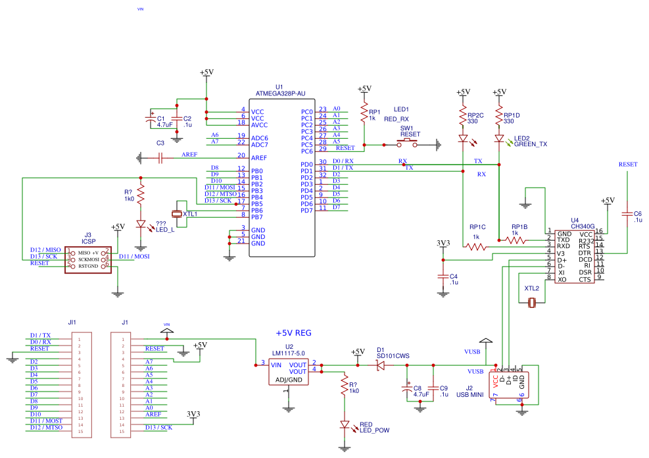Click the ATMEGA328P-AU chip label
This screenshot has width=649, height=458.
pyautogui.click(x=279, y=93)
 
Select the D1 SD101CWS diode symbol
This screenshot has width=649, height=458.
pyautogui.click(x=379, y=365)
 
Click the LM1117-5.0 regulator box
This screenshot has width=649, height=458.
pyautogui.click(x=288, y=372)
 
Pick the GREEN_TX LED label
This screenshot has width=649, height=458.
pyautogui.click(x=531, y=144)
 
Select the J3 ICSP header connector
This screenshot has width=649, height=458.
pyautogui.click(x=88, y=259)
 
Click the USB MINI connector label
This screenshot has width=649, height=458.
pyautogui.click(x=470, y=395)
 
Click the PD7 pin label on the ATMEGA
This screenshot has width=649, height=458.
pyautogui.click(x=306, y=211)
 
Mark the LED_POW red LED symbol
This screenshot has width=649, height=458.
pyautogui.click(x=344, y=425)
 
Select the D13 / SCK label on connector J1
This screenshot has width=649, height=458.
pyautogui.click(x=158, y=427)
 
